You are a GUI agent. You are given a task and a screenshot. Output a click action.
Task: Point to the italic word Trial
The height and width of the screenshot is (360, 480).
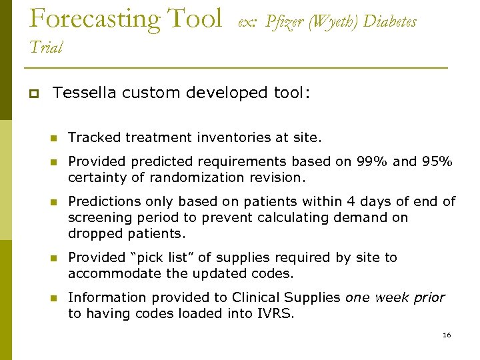[x=46, y=47]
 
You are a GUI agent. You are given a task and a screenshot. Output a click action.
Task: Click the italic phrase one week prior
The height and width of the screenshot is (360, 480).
[x=395, y=297]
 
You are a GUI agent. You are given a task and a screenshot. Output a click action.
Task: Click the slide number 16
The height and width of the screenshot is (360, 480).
[x=447, y=335]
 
